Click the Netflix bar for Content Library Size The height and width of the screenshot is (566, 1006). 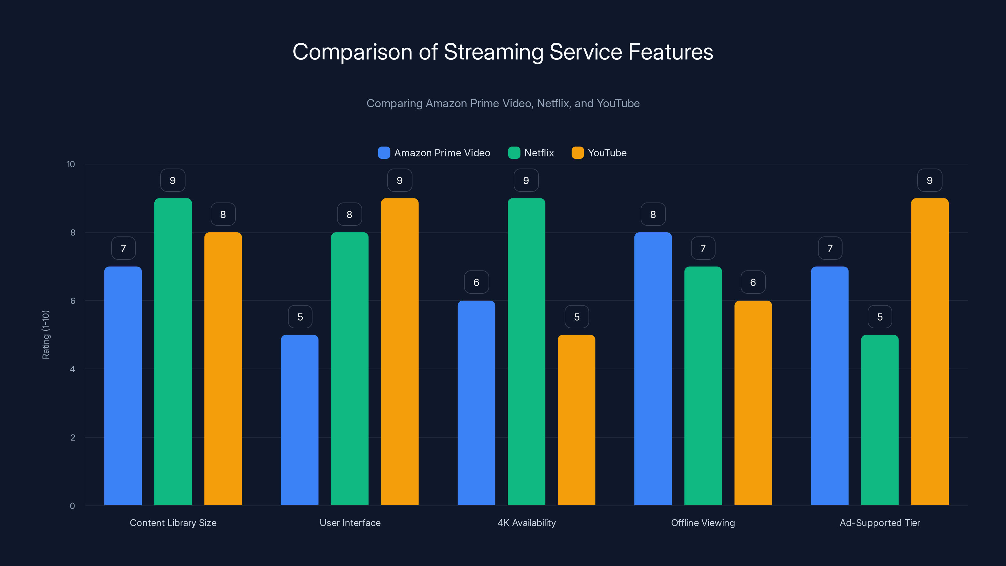[x=173, y=352]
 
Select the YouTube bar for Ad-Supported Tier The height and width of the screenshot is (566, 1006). [x=930, y=352]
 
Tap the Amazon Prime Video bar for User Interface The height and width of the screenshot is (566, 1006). [x=300, y=420]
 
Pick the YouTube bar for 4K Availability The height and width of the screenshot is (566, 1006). [x=577, y=420]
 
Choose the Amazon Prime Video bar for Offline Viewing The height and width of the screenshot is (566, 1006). [x=653, y=369]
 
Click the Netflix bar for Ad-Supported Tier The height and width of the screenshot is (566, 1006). [x=880, y=420]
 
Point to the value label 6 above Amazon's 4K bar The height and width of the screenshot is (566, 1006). [x=476, y=282]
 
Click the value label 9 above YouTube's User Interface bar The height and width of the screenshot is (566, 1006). [x=400, y=180]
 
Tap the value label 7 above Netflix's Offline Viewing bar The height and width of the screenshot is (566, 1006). [x=703, y=248]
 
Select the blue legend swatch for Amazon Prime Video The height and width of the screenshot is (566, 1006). [x=384, y=153]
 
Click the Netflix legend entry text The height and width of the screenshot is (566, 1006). [x=539, y=153]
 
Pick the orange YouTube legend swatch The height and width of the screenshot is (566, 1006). [x=578, y=153]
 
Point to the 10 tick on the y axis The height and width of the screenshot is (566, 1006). [x=71, y=164]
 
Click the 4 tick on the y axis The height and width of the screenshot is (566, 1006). [x=72, y=369]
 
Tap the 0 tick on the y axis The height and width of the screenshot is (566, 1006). [x=72, y=506]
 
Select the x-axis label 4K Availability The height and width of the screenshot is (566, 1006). [x=527, y=523]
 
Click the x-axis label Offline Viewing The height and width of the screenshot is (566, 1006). [x=703, y=523]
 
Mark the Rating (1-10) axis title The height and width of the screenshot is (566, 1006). [x=46, y=335]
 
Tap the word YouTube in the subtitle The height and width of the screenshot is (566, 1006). [x=618, y=103]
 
